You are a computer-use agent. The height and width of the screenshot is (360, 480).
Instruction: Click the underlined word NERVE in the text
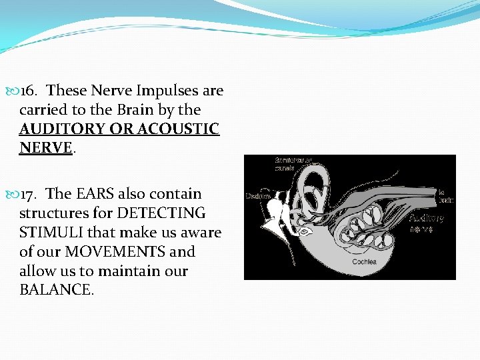45,148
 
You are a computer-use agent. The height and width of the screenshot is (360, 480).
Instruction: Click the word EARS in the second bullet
95,194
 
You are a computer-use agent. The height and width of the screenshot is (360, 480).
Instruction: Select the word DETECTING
162,213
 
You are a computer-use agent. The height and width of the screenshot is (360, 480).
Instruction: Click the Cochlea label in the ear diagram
365,261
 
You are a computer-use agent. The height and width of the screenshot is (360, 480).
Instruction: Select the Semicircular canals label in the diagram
291,164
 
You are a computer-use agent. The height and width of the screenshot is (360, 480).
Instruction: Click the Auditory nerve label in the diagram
426,223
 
